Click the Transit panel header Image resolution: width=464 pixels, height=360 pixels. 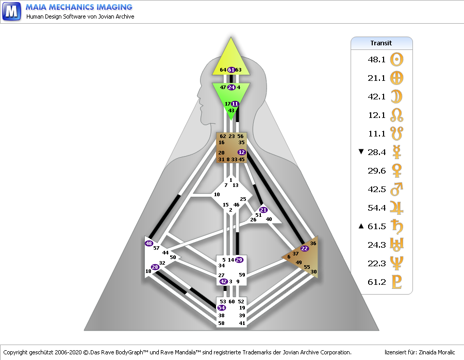point(382,43)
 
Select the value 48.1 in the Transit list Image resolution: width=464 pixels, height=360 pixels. point(377,59)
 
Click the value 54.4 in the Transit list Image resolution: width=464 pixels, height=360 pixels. point(377,208)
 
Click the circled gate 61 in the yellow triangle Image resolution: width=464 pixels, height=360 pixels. point(231,70)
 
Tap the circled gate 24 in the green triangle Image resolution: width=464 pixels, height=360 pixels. point(231,88)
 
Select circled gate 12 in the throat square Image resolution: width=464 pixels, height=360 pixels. point(242,152)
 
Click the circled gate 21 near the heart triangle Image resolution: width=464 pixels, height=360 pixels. point(263,210)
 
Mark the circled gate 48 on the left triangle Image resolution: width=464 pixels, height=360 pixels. point(149,243)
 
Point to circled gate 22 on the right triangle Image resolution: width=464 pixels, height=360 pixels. point(304,248)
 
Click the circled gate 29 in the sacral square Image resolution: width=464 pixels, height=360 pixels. point(239,260)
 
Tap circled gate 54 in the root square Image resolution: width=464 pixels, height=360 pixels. point(222,307)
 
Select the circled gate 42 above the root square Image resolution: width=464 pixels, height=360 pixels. point(223,282)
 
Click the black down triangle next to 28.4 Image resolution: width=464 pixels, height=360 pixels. point(361,151)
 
